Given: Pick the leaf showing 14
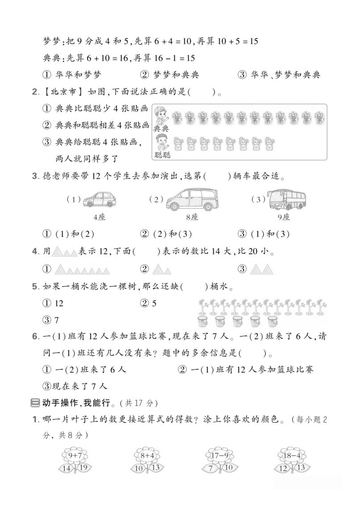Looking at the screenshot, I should [67, 468].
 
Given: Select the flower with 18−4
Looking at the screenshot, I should [291, 456].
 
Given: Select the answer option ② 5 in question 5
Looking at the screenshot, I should [148, 303].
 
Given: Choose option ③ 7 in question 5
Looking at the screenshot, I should [51, 320].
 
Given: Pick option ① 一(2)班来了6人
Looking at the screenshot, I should [85, 369].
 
